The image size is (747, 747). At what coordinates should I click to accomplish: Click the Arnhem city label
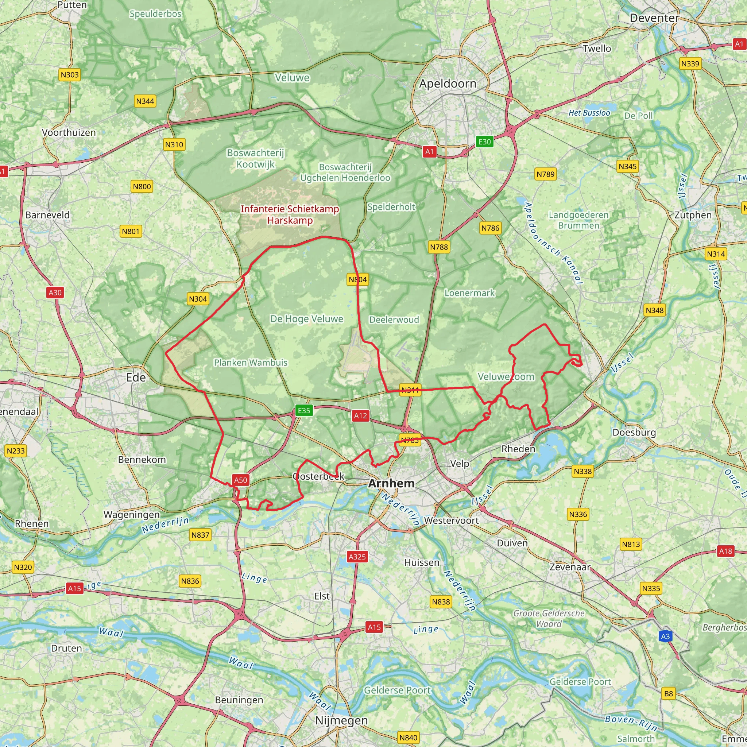point(391,483)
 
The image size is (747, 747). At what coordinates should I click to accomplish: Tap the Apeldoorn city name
point(448,84)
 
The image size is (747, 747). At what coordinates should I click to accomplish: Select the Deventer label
point(654,18)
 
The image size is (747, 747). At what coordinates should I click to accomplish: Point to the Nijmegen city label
point(341,720)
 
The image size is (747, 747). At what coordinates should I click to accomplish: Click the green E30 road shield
point(484,142)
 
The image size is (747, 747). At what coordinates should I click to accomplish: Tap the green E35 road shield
point(304,410)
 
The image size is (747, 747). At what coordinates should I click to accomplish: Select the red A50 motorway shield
point(240,480)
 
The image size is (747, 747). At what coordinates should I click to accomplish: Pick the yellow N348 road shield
point(655,310)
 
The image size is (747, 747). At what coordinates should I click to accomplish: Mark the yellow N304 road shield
point(198,299)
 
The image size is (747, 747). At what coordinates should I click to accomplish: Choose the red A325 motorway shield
point(357,557)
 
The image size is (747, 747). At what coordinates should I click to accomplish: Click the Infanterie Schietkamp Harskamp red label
point(290,214)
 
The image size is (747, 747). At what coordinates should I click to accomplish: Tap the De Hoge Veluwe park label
point(307,319)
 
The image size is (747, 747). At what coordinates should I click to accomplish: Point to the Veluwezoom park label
point(506,376)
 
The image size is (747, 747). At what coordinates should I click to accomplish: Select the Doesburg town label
point(634,432)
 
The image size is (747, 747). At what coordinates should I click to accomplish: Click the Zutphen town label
point(693,215)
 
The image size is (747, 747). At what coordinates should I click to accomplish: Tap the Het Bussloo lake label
point(589,113)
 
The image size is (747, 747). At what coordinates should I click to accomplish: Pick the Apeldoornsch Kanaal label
point(553,244)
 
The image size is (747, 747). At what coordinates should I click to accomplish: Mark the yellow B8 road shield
point(669,694)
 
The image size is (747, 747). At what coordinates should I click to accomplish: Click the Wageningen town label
point(131,515)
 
